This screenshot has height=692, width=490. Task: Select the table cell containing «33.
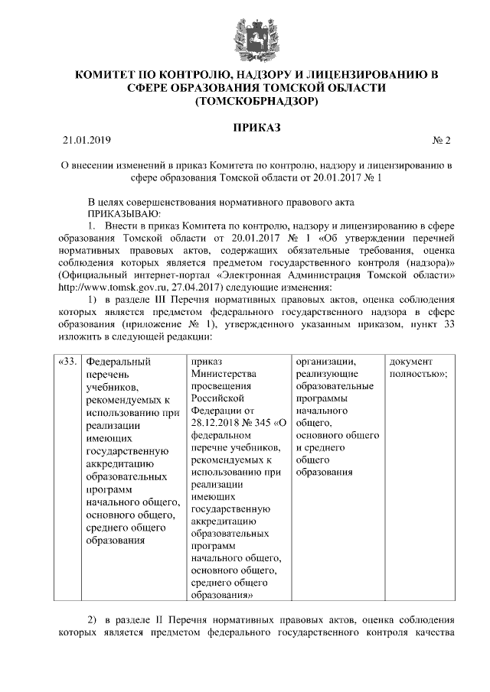pyautogui.click(x=67, y=361)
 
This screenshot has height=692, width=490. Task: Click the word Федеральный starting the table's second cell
pyautogui.click(x=118, y=361)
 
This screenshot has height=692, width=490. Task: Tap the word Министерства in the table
pyautogui.click(x=222, y=374)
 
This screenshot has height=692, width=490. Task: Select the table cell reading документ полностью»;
pyautogui.click(x=418, y=367)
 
